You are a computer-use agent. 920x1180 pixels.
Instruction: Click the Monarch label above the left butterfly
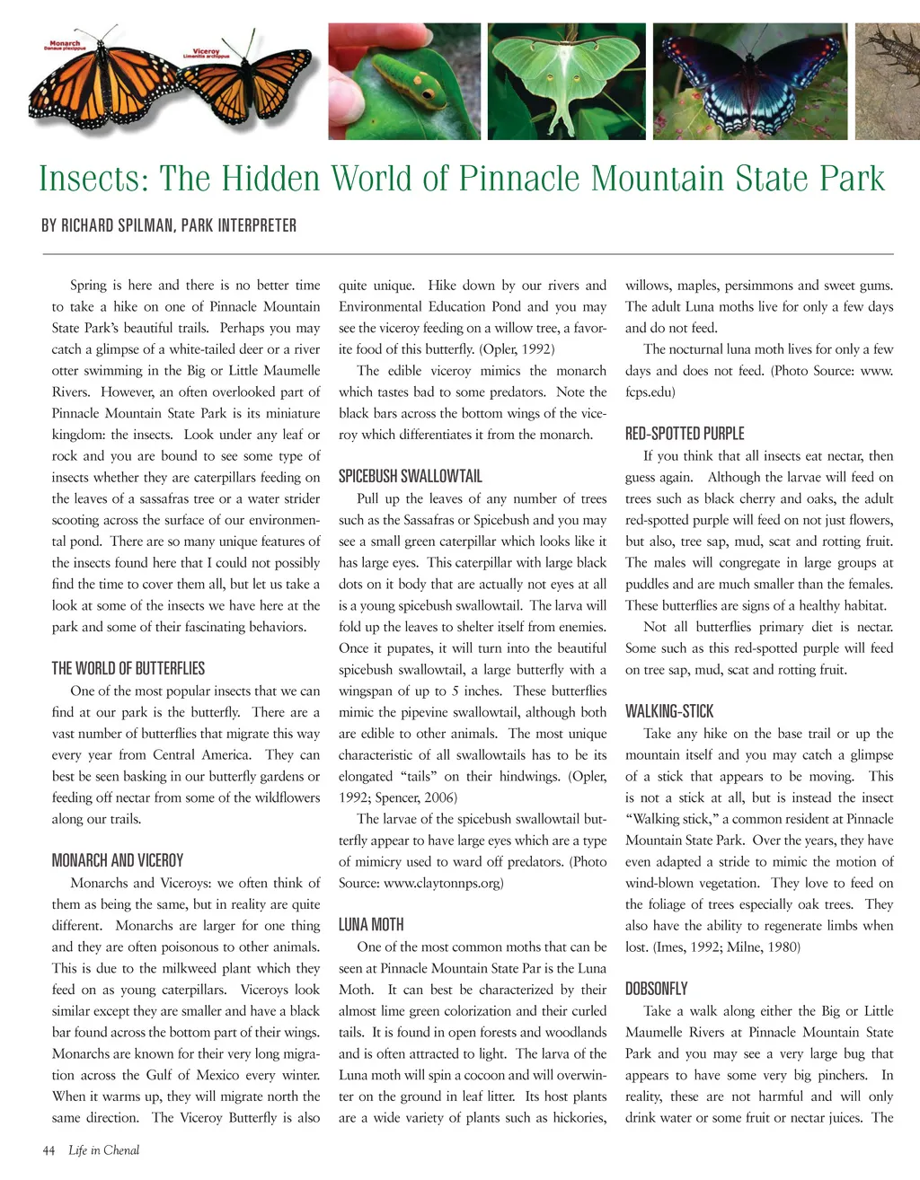64,44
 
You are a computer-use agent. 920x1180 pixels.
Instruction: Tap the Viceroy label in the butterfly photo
206,52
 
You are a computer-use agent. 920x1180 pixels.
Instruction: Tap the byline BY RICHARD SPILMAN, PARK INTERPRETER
169,225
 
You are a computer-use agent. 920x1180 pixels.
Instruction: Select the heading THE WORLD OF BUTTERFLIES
128,668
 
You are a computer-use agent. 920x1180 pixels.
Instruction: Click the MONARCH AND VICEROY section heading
118,860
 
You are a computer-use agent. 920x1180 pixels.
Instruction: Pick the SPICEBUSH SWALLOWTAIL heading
411,476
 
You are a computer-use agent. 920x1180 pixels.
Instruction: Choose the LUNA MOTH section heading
371,924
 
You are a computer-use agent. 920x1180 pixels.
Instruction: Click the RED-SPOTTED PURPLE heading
685,434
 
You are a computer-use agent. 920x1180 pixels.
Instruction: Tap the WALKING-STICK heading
669,711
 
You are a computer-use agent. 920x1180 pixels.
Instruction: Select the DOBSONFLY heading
657,989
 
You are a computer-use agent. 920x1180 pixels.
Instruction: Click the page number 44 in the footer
49,1150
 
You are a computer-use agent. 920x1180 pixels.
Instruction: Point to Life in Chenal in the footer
104,1150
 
